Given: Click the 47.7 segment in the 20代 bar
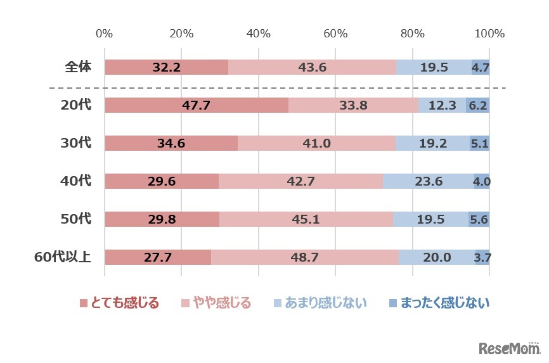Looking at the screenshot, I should (x=196, y=105).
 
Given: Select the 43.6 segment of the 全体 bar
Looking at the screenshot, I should (x=312, y=67).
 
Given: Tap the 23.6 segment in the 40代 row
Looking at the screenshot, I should (x=428, y=181).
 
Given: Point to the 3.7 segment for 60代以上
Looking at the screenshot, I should (x=482, y=257).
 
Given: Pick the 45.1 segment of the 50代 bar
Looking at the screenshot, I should (x=306, y=219).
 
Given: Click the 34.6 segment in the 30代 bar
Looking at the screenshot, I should (x=171, y=143).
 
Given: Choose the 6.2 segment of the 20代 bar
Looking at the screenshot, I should (x=477, y=105).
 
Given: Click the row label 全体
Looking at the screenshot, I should (x=78, y=67).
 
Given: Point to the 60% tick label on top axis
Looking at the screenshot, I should (x=335, y=34).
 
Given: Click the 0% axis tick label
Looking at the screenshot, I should (x=104, y=34).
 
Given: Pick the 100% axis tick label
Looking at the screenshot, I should (x=489, y=34).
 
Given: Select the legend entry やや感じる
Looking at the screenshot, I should (x=217, y=303).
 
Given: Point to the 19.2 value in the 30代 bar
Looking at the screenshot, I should (x=432, y=143).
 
